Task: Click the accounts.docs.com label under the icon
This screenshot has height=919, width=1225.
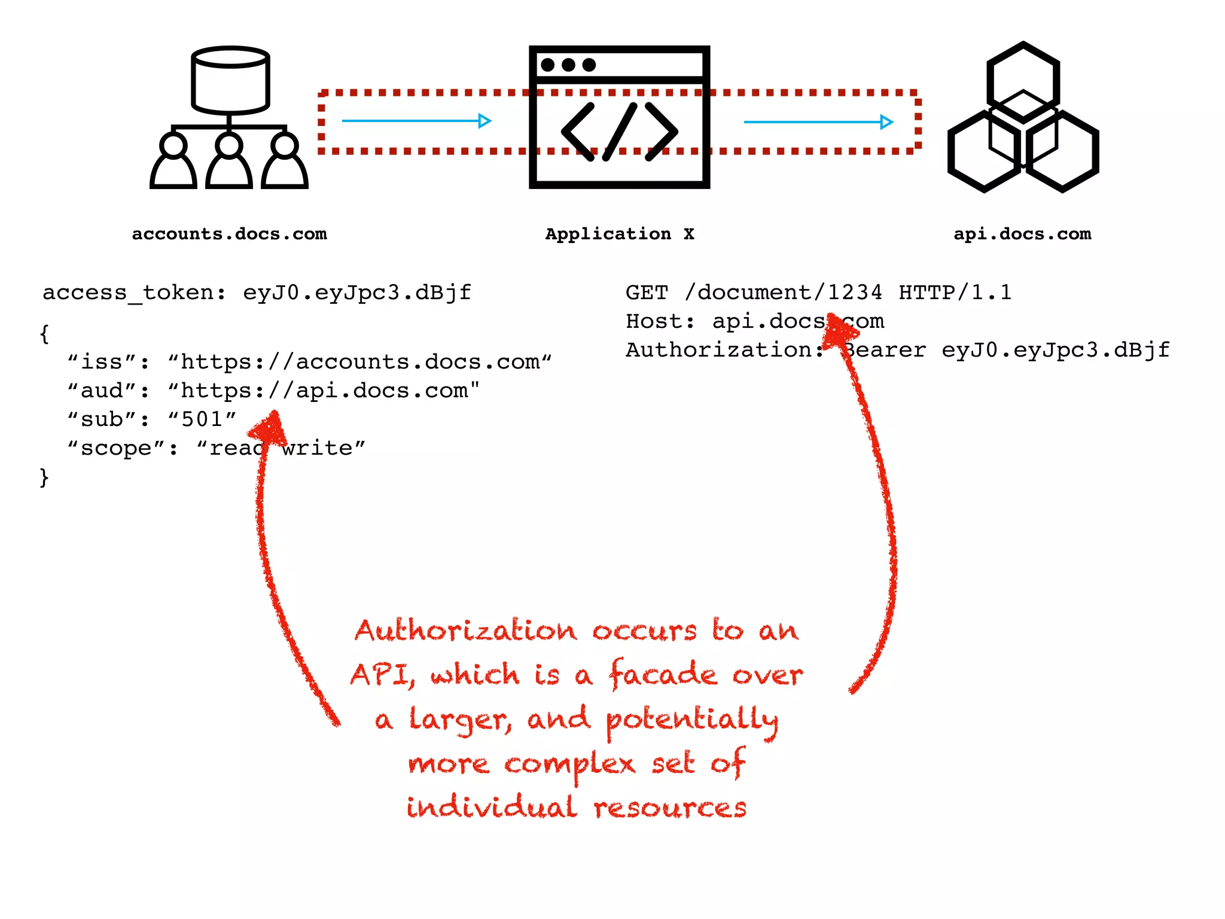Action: pos(229,234)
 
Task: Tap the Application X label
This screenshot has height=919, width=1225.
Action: pos(620,234)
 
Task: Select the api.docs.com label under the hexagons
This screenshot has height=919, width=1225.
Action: pos(1022,234)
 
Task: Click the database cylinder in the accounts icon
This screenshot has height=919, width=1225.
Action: pos(230,81)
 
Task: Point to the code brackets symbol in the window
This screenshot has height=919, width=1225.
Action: pos(619,132)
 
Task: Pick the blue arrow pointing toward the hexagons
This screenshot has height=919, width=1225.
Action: pos(818,122)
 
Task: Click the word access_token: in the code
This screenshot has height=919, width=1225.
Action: pos(135,293)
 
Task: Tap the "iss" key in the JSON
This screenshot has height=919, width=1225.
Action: pos(108,362)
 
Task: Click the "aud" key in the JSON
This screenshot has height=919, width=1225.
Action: pos(108,391)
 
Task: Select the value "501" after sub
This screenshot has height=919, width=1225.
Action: pos(202,419)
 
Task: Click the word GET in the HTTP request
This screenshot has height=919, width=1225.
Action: pos(647,293)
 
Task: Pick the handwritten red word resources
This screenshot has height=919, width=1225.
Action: pos(670,808)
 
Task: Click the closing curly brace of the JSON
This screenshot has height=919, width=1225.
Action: pos(44,477)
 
